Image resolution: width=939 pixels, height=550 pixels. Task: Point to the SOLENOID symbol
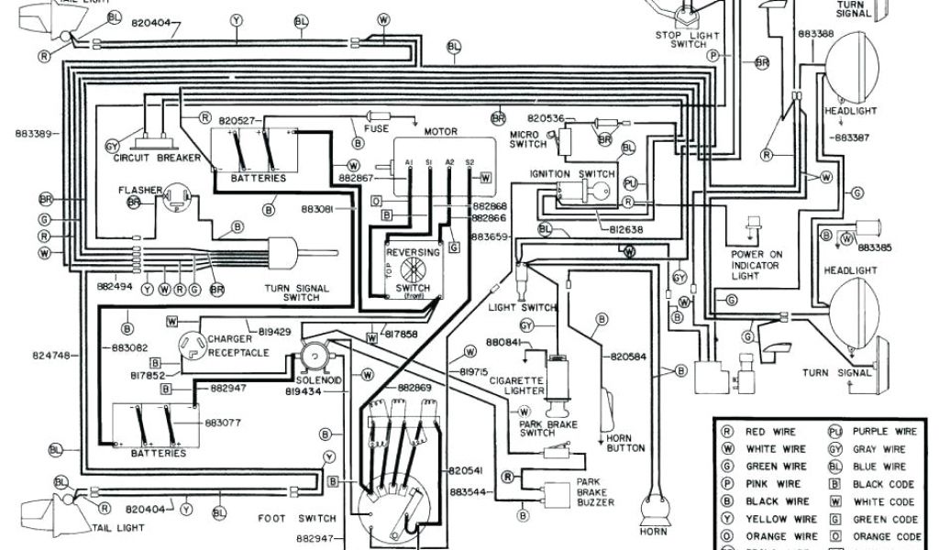click(x=315, y=356)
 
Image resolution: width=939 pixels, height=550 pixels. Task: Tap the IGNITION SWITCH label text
click(x=572, y=173)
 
